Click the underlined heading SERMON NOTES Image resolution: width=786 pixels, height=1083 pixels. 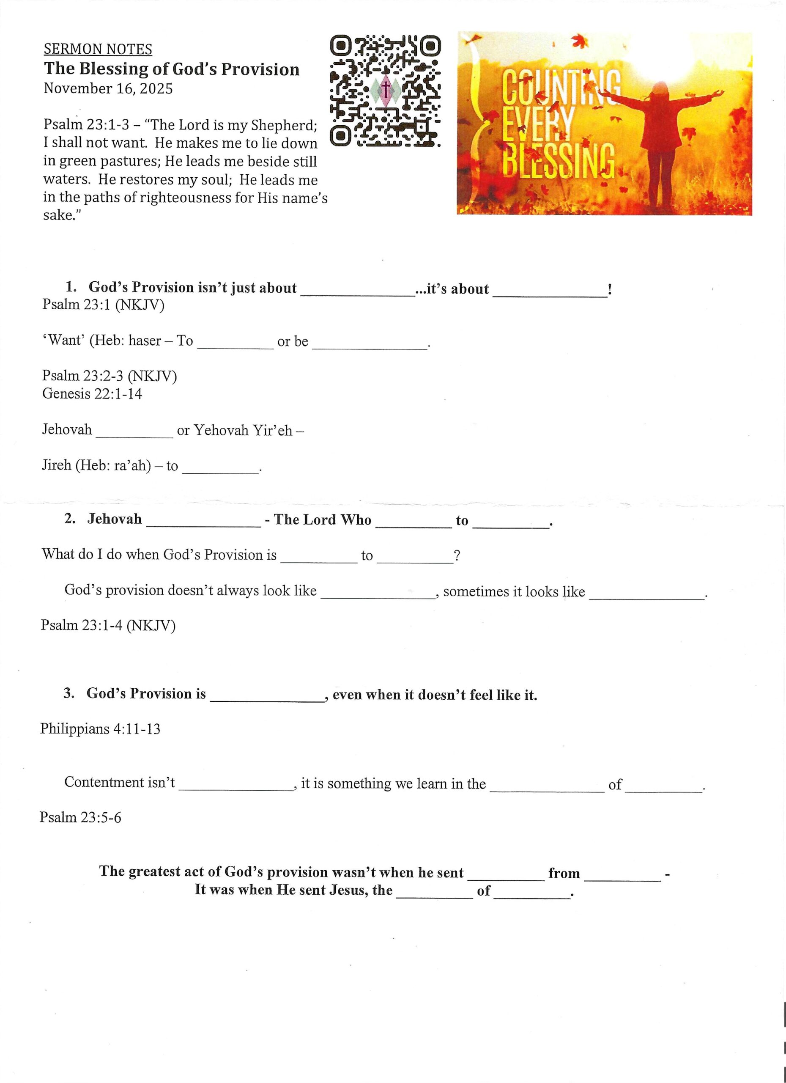click(98, 49)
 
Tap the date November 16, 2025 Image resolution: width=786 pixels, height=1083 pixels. click(108, 89)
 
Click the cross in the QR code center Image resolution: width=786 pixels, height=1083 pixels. click(386, 88)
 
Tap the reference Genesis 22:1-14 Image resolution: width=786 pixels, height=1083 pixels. click(92, 394)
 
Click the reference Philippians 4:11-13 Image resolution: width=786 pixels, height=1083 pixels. click(100, 728)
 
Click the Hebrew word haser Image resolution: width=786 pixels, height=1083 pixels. click(145, 341)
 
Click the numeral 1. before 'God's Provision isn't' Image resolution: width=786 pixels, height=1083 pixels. click(71, 287)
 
